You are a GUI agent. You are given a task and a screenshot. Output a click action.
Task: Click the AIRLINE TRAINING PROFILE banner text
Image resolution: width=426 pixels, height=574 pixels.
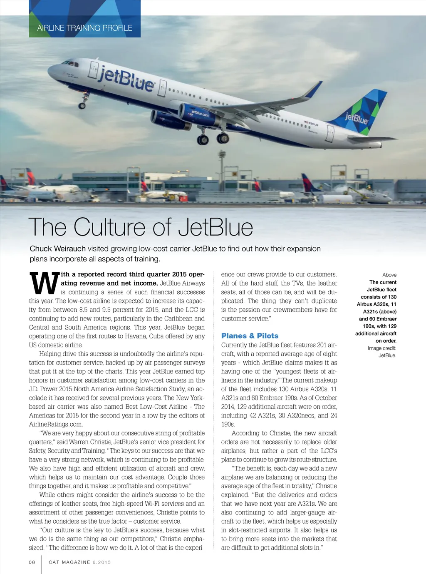pos(84,28)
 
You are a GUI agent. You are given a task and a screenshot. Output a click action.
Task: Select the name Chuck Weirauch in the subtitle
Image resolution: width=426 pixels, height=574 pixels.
pos(57,248)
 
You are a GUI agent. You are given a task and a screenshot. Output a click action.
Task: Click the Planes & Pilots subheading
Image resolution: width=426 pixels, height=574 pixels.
pos(250,335)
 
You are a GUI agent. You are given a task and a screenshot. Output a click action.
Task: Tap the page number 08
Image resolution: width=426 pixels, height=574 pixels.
pos(32,562)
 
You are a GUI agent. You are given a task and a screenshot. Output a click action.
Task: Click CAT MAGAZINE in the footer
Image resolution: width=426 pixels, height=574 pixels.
pos(69,562)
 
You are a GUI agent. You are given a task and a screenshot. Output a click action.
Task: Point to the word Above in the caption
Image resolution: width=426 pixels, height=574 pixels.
pos(389,275)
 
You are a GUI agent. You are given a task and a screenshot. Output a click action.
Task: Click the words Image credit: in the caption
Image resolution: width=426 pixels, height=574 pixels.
pos(382,348)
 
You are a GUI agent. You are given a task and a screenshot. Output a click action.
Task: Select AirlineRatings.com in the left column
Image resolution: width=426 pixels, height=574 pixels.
pos(56,424)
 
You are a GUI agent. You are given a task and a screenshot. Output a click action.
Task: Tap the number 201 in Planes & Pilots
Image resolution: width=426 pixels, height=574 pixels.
pos(322,345)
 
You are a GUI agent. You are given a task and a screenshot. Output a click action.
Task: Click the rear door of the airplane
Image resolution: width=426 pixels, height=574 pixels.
pos(330,133)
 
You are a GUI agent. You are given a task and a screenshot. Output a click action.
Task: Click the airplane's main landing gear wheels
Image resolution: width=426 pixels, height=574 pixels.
pos(213,139)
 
